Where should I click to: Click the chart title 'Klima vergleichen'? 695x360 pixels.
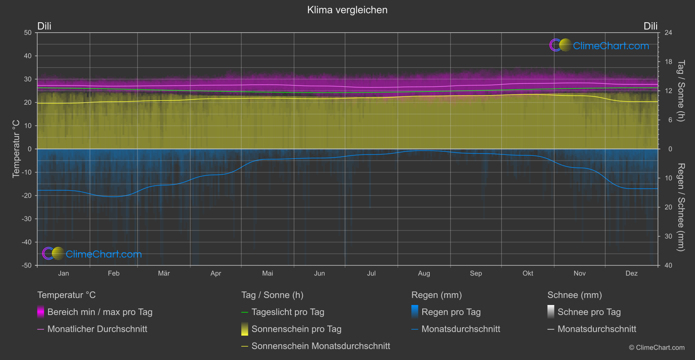tap(347, 10)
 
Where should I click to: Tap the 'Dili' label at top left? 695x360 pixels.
tap(44, 26)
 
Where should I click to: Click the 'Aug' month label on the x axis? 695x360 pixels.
tap(424, 273)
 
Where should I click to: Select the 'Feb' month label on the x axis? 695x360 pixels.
tap(113, 273)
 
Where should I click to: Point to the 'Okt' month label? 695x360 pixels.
tap(527, 273)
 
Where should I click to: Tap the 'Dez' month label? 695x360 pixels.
tap(631, 273)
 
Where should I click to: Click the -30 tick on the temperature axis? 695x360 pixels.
tap(27, 219)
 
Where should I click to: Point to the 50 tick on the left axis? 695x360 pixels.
tap(28, 33)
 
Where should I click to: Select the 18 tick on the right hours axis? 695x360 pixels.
tap(668, 62)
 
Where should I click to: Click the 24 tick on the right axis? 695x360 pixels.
tap(668, 33)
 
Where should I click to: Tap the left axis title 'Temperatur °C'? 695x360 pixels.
tap(16, 149)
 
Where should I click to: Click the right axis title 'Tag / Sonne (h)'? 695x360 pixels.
tap(681, 91)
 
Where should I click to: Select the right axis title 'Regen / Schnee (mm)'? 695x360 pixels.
tap(681, 207)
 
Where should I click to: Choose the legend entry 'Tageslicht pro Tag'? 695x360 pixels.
tap(288, 312)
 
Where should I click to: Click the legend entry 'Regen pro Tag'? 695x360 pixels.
tap(451, 312)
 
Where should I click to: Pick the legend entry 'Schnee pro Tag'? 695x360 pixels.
tap(589, 312)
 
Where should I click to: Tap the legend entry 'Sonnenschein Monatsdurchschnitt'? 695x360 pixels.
tap(321, 346)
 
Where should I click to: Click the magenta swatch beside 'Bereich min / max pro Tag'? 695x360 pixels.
tap(41, 312)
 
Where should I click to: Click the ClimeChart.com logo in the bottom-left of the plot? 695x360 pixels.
tap(92, 254)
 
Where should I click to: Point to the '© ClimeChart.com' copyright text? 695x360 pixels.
tap(657, 348)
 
